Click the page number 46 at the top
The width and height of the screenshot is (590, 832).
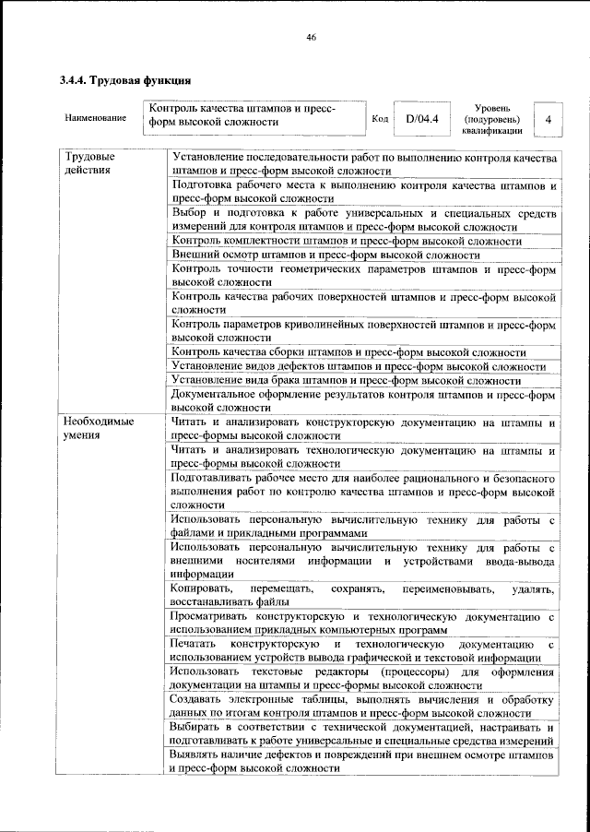(311, 37)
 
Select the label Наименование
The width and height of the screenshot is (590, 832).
(96, 119)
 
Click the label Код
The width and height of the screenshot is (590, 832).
(379, 119)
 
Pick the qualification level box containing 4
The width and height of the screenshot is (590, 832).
(549, 119)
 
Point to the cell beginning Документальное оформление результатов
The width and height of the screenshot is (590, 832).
(363, 400)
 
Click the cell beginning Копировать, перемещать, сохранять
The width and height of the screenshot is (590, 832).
(363, 595)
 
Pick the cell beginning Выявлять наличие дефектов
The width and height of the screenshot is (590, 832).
(363, 761)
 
